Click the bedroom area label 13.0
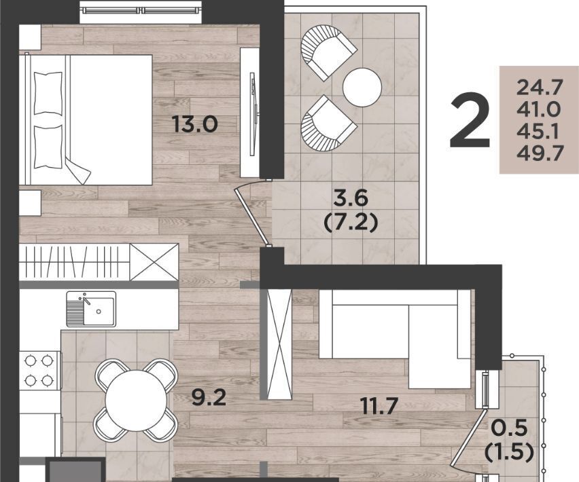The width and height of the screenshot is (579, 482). [194, 124]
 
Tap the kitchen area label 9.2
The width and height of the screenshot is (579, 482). [209, 397]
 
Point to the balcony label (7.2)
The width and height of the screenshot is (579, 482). [351, 223]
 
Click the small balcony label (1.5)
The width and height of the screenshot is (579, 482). [509, 451]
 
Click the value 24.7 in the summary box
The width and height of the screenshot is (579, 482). [540, 88]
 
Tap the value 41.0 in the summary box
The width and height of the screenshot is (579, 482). [539, 109]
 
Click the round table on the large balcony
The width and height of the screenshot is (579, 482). [362, 88]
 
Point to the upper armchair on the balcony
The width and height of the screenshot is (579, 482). [328, 52]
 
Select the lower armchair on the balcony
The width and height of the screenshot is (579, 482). [329, 124]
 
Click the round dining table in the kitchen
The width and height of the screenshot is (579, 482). [136, 401]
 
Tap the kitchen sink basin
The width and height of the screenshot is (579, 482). [99, 311]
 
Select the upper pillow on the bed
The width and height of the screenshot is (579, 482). [48, 93]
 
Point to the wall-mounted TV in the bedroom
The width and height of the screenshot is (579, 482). [253, 113]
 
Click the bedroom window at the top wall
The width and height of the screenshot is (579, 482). [142, 11]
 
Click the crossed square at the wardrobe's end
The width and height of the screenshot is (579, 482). [154, 262]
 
